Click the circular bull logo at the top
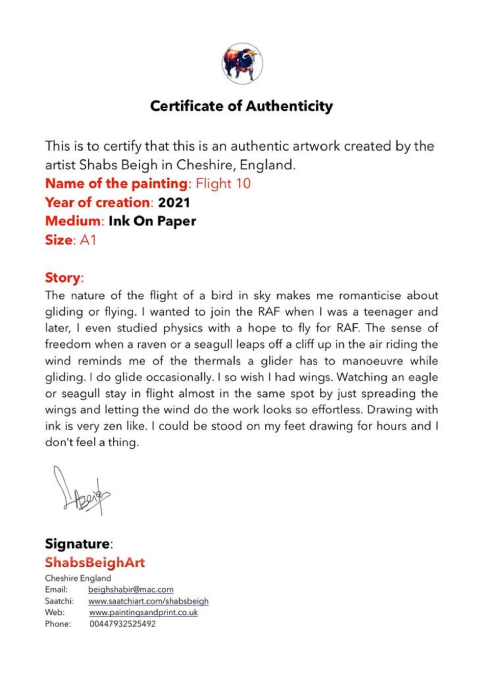tap(242, 63)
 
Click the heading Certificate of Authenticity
tap(241, 106)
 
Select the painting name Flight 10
tap(223, 183)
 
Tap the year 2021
tap(173, 202)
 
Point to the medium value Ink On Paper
tap(152, 221)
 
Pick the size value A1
tap(88, 240)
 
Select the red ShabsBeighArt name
tap(95, 562)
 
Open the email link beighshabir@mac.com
tap(131, 589)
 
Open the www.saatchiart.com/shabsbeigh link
tap(148, 601)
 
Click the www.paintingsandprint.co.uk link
tap(143, 612)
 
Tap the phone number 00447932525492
tap(122, 623)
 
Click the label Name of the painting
tap(116, 183)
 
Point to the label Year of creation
tap(97, 202)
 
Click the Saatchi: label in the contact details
tap(59, 601)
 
